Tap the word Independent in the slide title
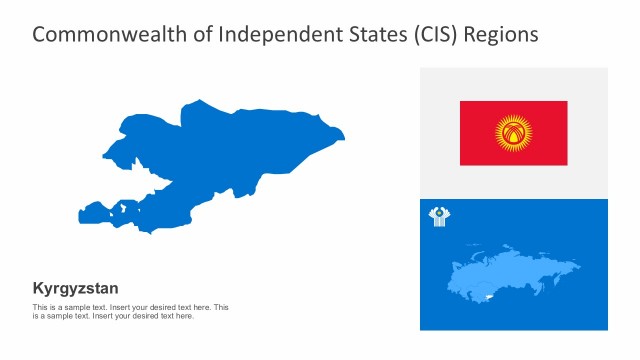[x=265, y=34]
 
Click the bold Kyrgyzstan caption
[x=75, y=288]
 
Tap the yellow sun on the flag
[x=513, y=132]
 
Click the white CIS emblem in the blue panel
[x=438, y=217]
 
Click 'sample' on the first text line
[x=70, y=307]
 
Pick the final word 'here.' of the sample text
[x=185, y=316]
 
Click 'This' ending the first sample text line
[x=220, y=307]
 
